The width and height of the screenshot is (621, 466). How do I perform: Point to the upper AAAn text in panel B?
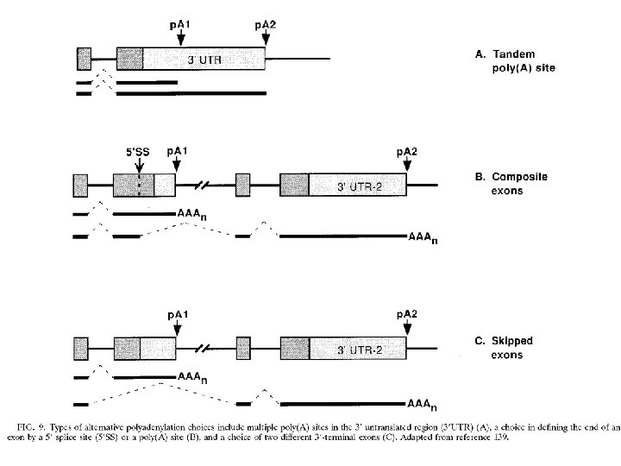click(x=191, y=212)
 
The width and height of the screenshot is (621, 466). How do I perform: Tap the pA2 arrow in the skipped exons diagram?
click(x=407, y=331)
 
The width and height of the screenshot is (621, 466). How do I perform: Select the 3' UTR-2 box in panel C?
click(x=356, y=350)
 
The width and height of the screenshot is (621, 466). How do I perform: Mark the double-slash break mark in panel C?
click(x=205, y=350)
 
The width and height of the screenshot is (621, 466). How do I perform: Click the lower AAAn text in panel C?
click(x=423, y=404)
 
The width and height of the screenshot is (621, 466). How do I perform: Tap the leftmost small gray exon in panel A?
click(x=84, y=60)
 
